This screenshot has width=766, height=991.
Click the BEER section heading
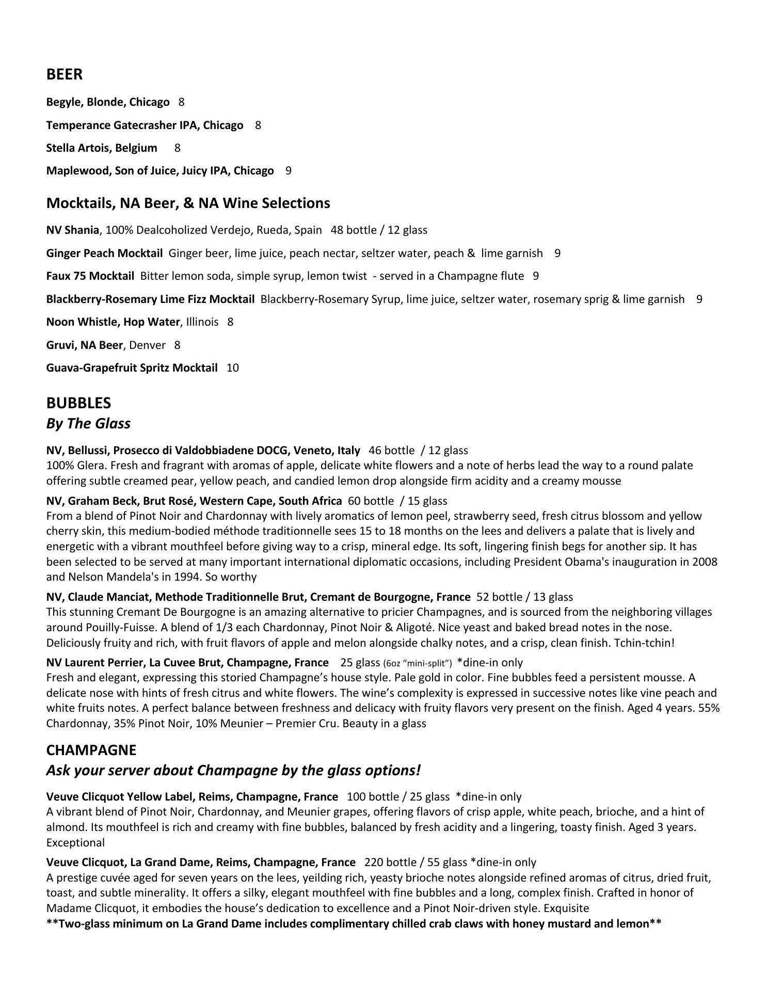(x=65, y=74)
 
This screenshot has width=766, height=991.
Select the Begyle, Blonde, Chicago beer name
(x=108, y=102)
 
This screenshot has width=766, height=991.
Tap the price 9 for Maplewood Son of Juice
(x=288, y=171)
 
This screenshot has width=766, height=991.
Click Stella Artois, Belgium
(x=102, y=148)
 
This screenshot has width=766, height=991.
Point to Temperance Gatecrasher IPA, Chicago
(x=145, y=125)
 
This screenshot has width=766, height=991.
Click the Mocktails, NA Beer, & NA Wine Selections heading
(x=188, y=203)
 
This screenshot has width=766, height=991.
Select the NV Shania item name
(x=72, y=230)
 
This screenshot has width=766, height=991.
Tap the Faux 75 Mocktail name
(x=90, y=276)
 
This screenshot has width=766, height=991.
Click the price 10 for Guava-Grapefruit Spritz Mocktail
(x=233, y=368)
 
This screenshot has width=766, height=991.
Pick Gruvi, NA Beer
(x=85, y=345)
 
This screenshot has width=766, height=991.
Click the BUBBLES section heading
(x=78, y=403)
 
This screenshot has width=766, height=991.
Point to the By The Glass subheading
(x=88, y=424)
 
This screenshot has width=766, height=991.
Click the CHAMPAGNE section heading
(x=91, y=750)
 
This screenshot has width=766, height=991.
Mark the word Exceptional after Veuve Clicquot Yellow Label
(x=75, y=843)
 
